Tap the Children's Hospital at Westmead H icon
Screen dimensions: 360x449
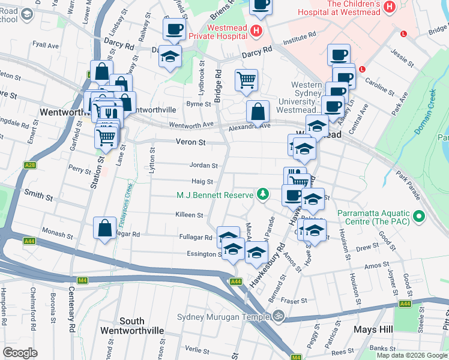click(x=390, y=7)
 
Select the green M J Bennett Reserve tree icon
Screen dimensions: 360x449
click(x=262, y=194)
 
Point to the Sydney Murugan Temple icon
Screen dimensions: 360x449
click(x=277, y=316)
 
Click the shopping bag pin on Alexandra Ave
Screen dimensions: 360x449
click(x=258, y=112)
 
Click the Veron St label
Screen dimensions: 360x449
click(x=191, y=143)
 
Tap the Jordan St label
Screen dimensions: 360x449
click(x=203, y=166)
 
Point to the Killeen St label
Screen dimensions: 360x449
click(x=190, y=215)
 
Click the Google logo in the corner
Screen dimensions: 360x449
click(x=21, y=352)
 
